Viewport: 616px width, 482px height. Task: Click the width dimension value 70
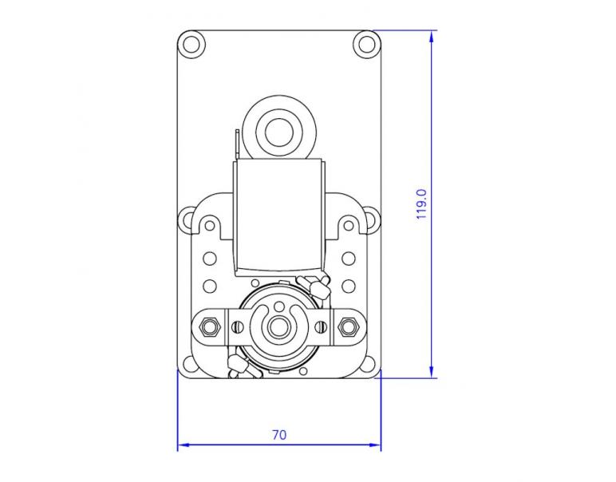pos(278,435)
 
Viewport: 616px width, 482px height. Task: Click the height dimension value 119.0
pos(422,204)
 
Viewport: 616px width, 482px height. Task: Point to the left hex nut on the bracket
pos(210,326)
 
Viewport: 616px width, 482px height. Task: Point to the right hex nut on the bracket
pos(347,326)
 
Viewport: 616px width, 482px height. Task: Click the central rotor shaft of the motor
pos(278,326)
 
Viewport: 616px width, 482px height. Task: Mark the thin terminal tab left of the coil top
pos(237,144)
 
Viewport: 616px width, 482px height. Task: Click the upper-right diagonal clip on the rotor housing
pos(316,283)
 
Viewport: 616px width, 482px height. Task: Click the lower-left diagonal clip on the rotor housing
pos(240,367)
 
